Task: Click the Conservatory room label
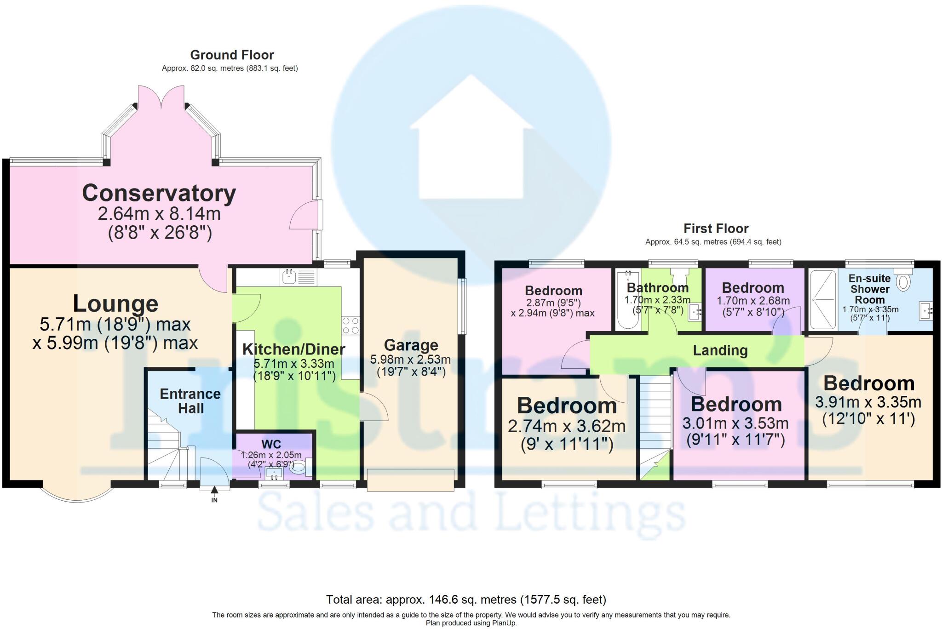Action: pos(159,193)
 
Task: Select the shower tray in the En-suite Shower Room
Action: pos(823,299)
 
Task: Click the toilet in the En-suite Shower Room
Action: pos(903,281)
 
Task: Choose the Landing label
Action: pos(720,351)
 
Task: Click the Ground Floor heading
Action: pos(232,55)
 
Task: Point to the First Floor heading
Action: pos(716,229)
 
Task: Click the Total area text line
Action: pos(466,600)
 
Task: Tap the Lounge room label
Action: pos(115,304)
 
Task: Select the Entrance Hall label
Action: pos(190,401)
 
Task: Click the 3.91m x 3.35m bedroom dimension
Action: pos(868,402)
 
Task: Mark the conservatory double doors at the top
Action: pos(161,98)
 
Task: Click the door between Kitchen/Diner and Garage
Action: pos(373,407)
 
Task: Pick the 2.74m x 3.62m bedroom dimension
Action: pos(567,426)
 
